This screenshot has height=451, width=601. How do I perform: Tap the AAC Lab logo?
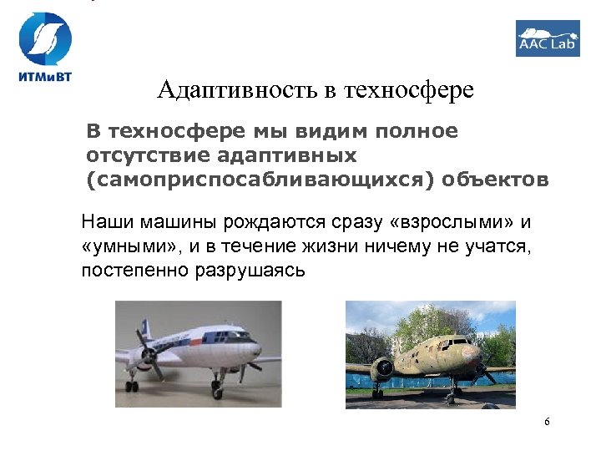coord(548,38)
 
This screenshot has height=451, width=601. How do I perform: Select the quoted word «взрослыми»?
coord(452,224)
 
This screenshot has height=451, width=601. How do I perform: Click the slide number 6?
coord(547,422)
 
